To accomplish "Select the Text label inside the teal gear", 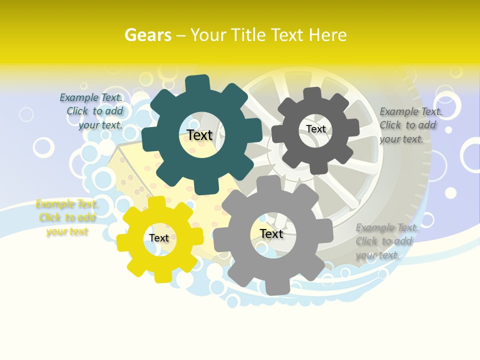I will tap(199, 135).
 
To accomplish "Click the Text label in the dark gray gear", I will tap(315, 129).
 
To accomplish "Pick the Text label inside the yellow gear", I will tap(159, 238).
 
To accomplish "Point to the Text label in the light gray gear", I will tap(271, 233).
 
